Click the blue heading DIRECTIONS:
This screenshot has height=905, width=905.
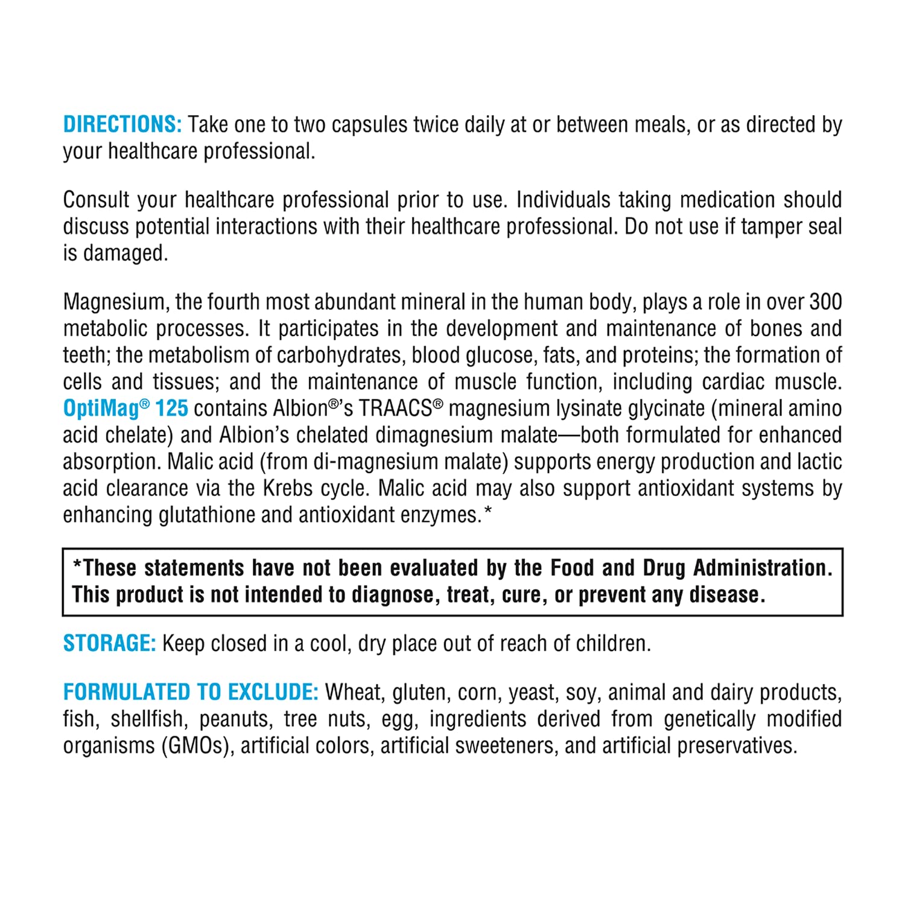[x=122, y=124]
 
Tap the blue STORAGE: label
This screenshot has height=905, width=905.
[x=109, y=643]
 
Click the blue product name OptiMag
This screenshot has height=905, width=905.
[x=101, y=408]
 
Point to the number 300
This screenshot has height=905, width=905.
[x=825, y=302]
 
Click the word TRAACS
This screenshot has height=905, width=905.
[x=396, y=408]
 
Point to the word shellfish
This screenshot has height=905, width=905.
[x=147, y=719]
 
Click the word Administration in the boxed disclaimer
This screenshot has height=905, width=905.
[x=762, y=568]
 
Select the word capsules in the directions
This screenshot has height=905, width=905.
[x=370, y=124]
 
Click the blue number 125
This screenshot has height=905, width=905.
[x=172, y=408]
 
